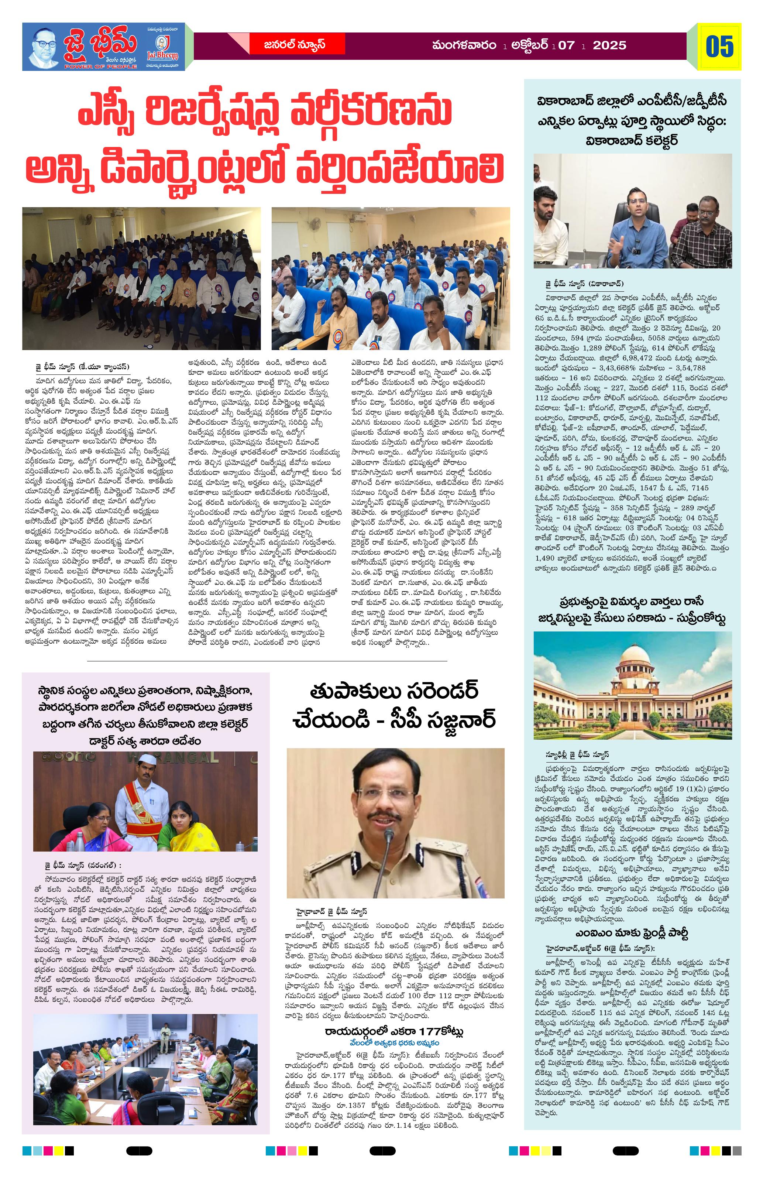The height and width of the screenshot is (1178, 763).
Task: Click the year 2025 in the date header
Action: tap(609, 45)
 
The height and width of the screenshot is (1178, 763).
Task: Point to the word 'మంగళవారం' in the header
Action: tap(464, 45)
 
